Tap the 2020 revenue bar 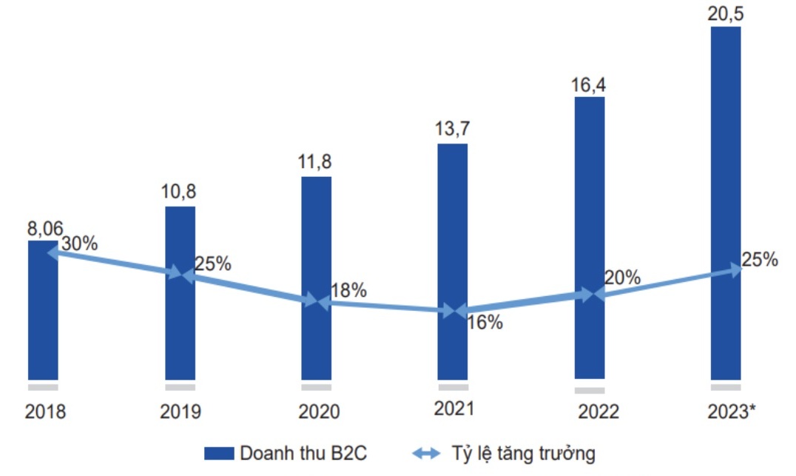click(x=316, y=341)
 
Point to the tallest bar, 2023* click(x=726, y=148)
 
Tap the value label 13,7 click(x=453, y=130)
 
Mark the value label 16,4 click(x=590, y=84)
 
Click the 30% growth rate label click(x=79, y=243)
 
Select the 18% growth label click(x=348, y=290)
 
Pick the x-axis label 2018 click(x=45, y=412)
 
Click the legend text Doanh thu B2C click(x=303, y=453)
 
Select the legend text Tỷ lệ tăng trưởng click(x=522, y=453)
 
